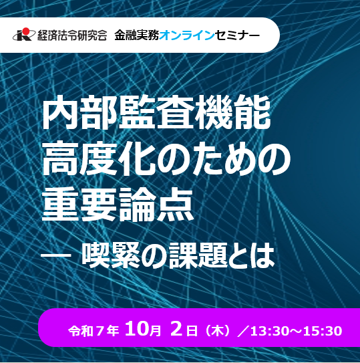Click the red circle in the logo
[25, 31]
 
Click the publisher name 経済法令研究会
[72, 35]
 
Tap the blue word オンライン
[187, 35]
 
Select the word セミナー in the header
[237, 35]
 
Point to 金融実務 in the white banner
[137, 35]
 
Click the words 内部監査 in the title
[118, 112]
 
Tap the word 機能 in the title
[232, 112]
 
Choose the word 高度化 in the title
[99, 159]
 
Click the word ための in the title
[224, 160]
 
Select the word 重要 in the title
[80, 205]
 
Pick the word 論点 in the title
[156, 205]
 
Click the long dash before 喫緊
[56, 255]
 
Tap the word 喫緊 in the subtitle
[111, 256]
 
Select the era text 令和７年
[94, 331]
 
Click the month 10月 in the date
[143, 330]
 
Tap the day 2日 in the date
[184, 330]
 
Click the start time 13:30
[268, 331]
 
